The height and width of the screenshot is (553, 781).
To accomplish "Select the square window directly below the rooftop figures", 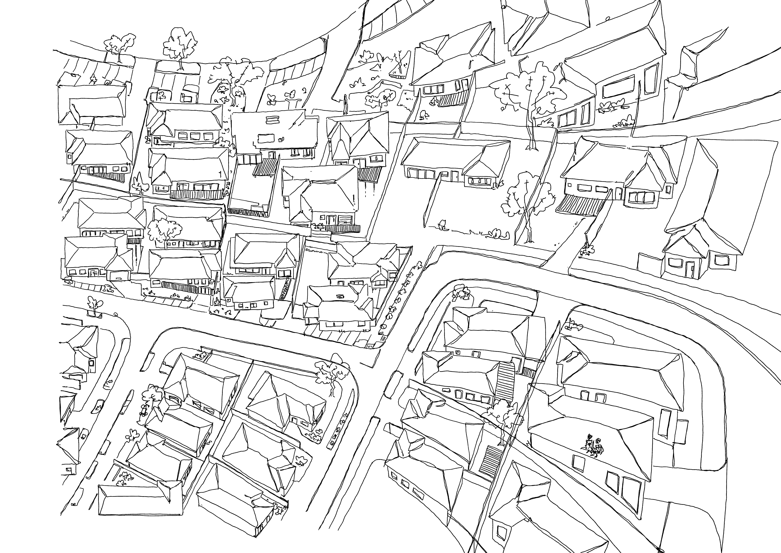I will point(578,463).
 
